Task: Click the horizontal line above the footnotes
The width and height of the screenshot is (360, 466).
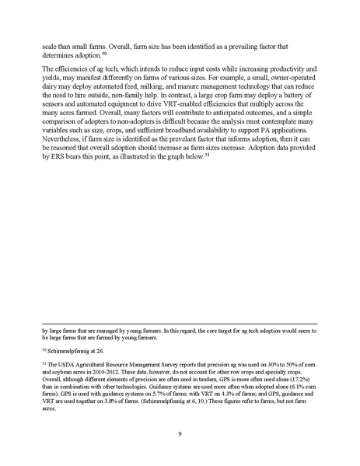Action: coord(180,324)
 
